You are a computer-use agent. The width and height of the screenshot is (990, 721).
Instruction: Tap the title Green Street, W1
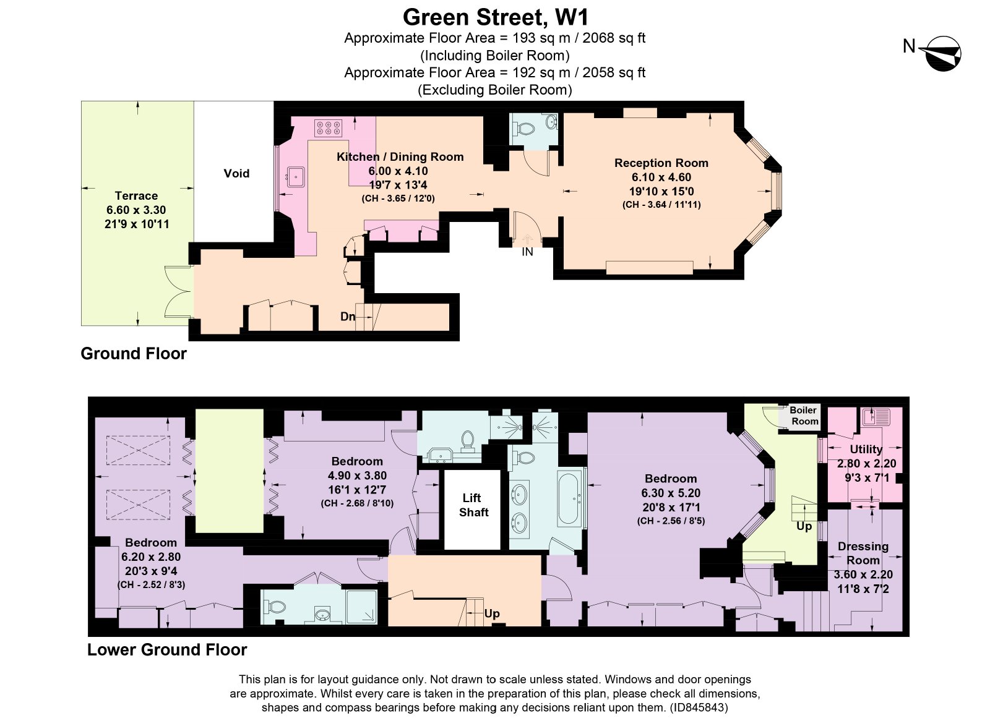tap(496, 18)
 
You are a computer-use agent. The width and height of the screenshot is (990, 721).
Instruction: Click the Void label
tap(236, 173)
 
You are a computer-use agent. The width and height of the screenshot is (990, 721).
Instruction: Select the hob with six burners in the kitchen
tap(328, 128)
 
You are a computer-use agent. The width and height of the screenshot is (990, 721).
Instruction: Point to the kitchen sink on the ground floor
tap(295, 177)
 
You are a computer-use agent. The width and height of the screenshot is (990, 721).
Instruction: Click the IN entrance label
tap(527, 252)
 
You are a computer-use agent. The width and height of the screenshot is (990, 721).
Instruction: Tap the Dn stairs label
tap(347, 317)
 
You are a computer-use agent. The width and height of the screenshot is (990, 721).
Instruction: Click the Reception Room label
tap(661, 163)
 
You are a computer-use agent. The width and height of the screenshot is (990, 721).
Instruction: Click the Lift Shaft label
tap(473, 505)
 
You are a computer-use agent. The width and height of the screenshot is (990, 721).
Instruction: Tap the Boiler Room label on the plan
tap(804, 416)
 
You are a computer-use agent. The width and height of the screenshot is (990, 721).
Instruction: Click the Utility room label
tap(866, 450)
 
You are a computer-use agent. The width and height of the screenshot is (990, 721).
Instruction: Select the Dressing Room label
tap(863, 553)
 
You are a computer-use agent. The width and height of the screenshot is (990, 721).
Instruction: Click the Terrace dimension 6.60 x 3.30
tap(136, 210)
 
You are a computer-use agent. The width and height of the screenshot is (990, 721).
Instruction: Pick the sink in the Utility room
tap(876, 416)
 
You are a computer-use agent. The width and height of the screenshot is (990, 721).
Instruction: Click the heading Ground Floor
tap(134, 354)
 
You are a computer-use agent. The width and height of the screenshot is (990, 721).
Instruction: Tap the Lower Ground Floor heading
tap(167, 649)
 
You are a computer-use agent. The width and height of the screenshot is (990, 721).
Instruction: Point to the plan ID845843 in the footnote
tap(699, 707)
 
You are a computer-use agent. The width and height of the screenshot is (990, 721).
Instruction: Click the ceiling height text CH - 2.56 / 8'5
tap(671, 521)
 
